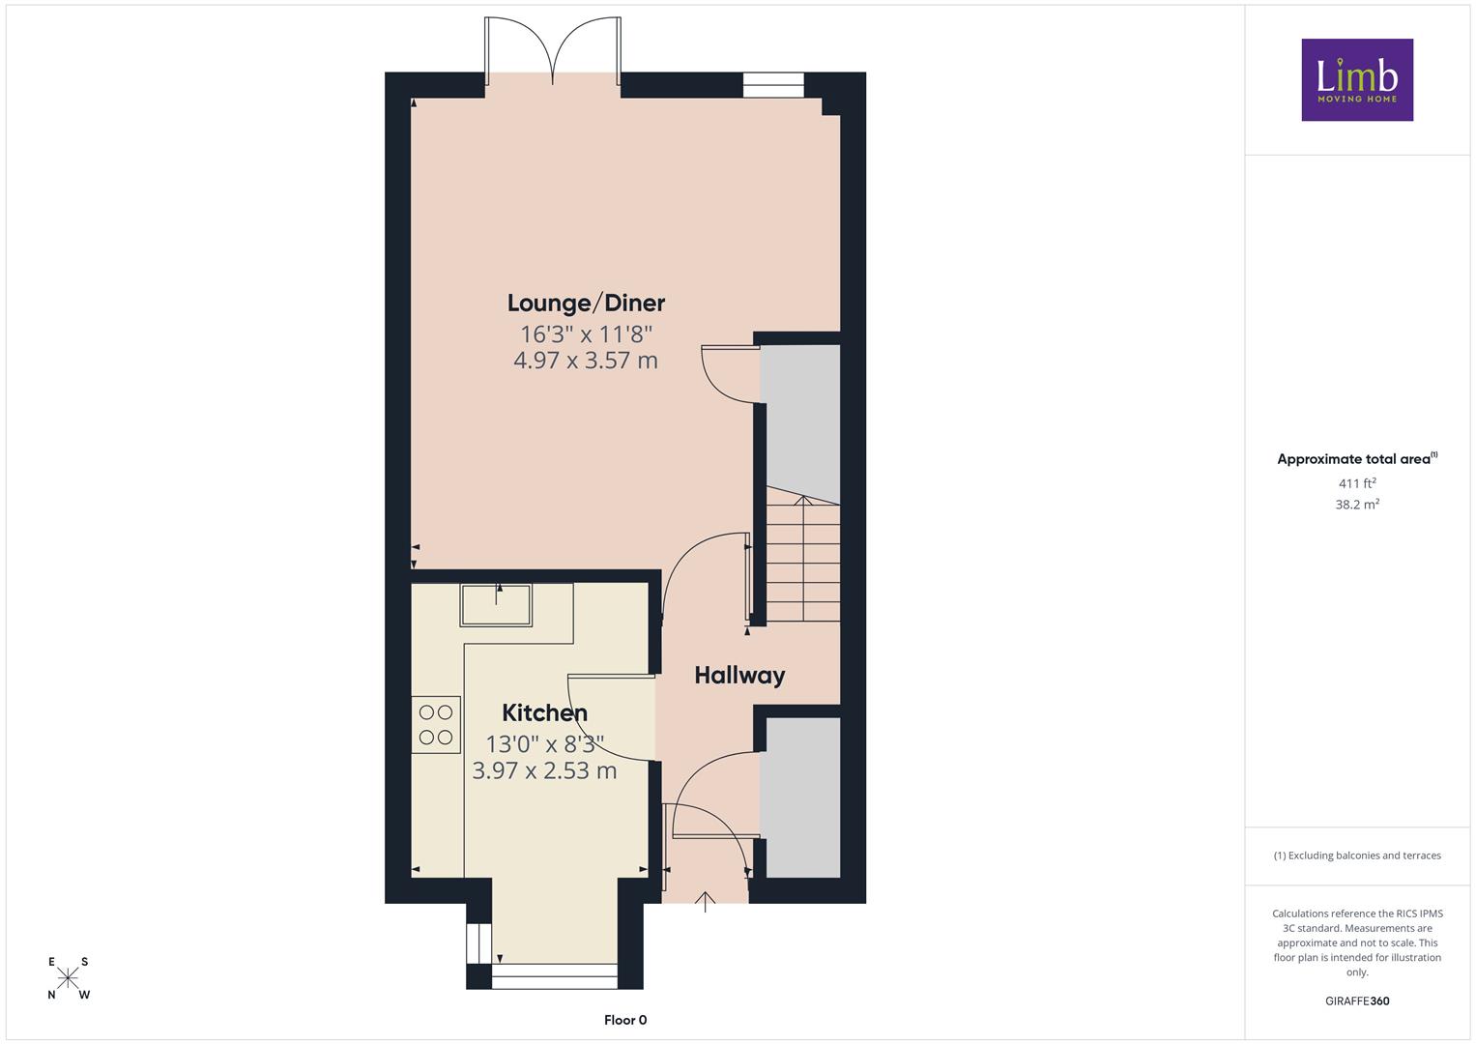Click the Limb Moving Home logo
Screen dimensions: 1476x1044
point(1357,79)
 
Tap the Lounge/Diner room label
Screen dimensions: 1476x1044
point(586,304)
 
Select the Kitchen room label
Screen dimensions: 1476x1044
point(544,712)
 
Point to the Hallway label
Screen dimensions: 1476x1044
point(739,676)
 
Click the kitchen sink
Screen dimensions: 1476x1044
point(496,605)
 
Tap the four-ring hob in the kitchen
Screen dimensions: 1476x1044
point(436,724)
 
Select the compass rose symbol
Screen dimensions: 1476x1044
point(68,978)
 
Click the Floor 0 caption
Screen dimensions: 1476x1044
point(625,1020)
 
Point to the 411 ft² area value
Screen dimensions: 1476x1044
point(1357,483)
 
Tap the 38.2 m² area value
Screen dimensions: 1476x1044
point(1357,505)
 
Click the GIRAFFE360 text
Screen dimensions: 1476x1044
point(1357,1000)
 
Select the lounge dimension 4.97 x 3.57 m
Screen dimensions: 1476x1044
point(586,361)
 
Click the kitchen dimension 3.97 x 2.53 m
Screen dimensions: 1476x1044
point(544,770)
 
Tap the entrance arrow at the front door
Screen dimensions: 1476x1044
point(705,902)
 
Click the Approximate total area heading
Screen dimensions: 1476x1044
point(1357,459)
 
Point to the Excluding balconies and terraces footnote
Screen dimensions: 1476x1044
point(1357,855)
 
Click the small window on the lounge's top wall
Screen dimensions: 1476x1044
point(773,85)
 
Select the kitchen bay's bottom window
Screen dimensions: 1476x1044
point(554,976)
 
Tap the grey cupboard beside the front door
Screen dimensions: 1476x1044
point(800,797)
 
